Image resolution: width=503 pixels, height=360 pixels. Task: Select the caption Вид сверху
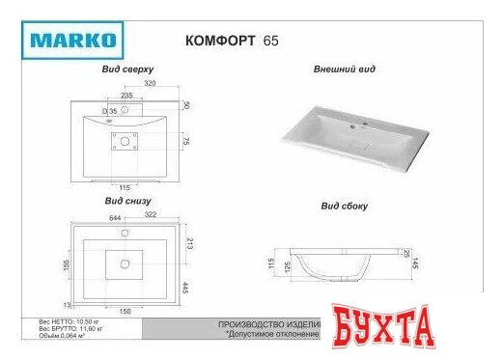[128, 71]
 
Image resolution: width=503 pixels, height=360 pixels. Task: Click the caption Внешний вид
[344, 70]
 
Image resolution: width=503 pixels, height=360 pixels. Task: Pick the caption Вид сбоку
[344, 207]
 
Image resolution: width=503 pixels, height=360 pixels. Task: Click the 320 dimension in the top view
[151, 84]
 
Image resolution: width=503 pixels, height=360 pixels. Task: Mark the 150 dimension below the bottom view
[124, 313]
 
